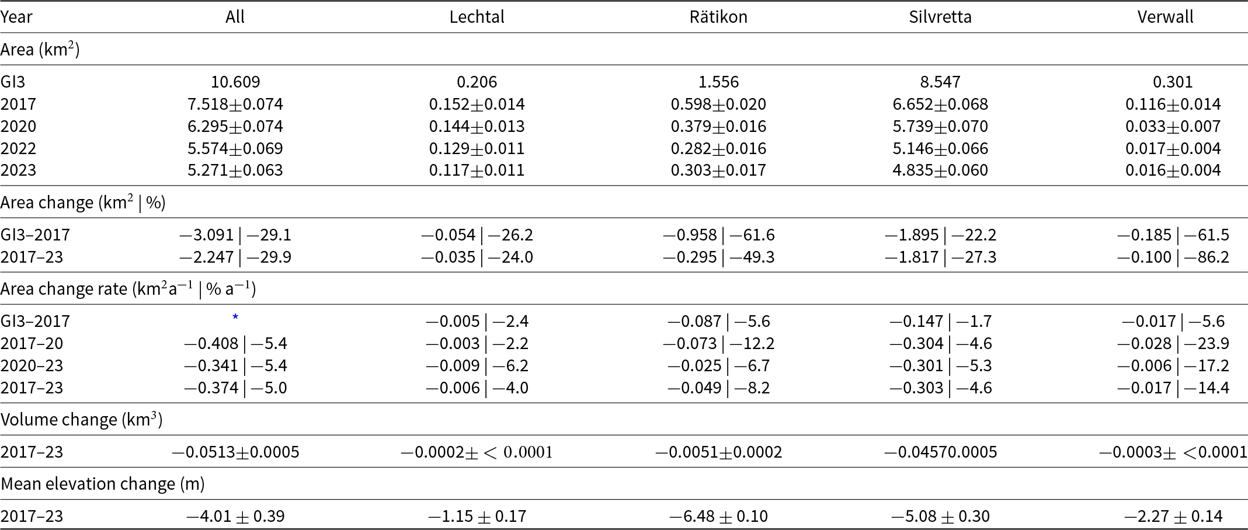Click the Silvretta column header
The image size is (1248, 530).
940,17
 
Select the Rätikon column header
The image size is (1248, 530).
718,17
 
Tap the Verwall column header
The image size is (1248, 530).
1165,17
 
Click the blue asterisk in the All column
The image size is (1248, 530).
235,317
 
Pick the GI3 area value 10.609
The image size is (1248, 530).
235,82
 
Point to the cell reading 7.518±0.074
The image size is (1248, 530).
235,104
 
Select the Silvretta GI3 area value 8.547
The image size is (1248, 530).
940,82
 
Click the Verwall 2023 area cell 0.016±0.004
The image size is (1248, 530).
1173,170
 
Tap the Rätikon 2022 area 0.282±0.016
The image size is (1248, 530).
718,148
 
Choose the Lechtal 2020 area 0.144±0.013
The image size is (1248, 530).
477,126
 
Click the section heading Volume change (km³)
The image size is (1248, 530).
81,420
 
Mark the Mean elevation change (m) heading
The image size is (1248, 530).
103,484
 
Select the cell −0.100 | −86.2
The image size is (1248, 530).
1173,257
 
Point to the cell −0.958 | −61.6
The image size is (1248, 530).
718,235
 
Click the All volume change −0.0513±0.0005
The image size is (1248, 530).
235,452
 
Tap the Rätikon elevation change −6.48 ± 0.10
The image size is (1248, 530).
718,516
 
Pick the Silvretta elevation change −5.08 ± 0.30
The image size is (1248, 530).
940,516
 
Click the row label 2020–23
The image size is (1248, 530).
32,365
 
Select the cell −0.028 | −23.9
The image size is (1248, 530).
1173,343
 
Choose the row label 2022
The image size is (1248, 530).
18,148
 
